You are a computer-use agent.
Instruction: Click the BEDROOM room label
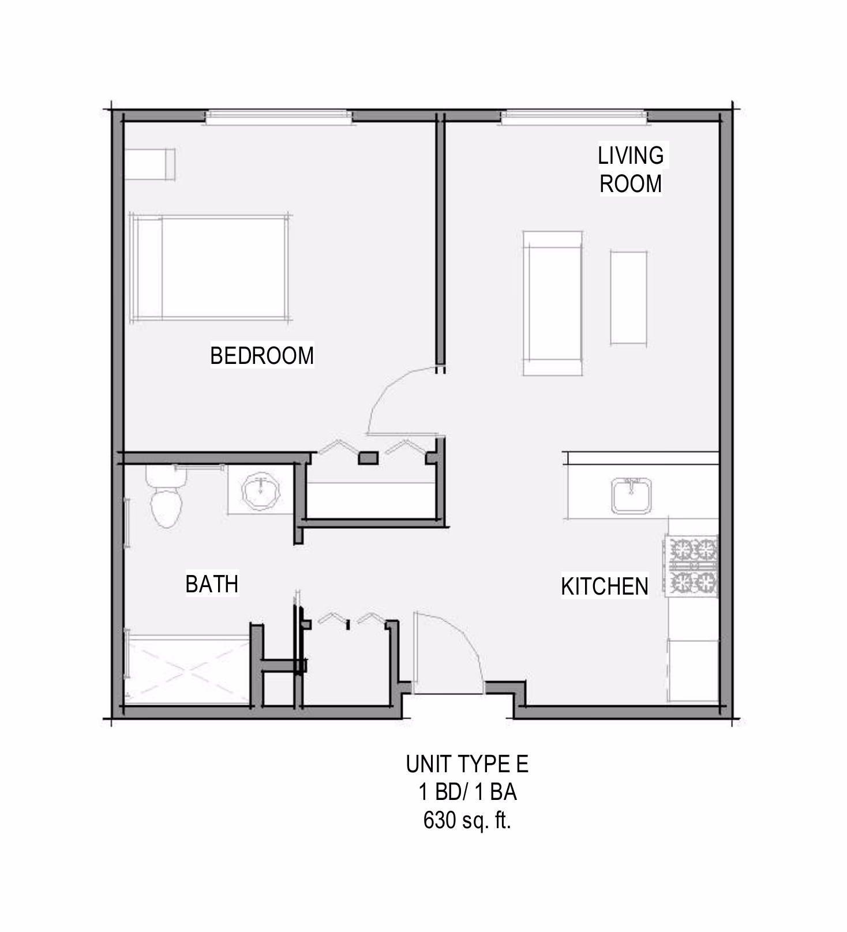click(262, 355)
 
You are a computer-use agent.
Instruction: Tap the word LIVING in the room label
click(631, 156)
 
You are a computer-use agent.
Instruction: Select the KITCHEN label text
click(605, 587)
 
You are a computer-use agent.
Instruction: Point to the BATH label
click(212, 584)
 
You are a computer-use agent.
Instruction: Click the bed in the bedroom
click(210, 267)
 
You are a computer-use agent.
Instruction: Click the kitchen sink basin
click(632, 495)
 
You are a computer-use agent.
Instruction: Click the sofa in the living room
click(552, 303)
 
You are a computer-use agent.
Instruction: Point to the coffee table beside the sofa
click(628, 298)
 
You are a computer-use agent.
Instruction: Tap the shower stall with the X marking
click(187, 669)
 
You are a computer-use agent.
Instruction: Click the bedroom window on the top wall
click(279, 117)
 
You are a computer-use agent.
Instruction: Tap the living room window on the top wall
click(574, 117)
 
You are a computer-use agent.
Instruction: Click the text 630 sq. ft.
click(467, 820)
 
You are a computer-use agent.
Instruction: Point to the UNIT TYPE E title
click(467, 764)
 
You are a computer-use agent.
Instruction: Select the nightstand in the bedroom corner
click(150, 164)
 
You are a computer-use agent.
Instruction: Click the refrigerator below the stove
click(693, 670)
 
